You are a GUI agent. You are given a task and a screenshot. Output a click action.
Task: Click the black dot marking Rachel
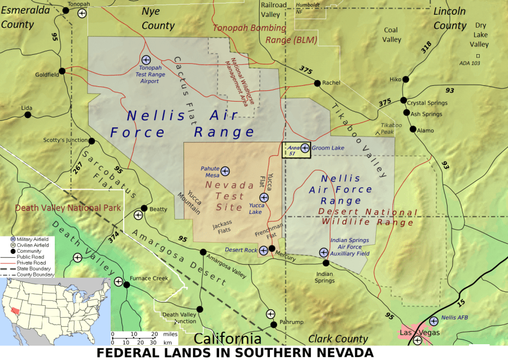pos(317,84)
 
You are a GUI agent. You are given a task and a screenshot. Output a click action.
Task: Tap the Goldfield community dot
pos(62,71)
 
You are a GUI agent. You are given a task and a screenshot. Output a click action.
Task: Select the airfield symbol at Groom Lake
pos(305,148)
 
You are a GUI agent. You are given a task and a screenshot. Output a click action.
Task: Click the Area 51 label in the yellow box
pos(292,150)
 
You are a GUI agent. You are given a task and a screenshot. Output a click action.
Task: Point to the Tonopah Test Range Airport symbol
pos(146,59)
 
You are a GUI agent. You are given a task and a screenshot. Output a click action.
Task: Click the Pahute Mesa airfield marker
pos(225,170)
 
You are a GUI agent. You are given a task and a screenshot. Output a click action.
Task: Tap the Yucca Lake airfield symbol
pos(264,197)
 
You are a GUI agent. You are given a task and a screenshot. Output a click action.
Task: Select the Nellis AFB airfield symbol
pos(433,321)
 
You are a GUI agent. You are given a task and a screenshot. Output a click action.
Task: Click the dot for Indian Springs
pos(326,263)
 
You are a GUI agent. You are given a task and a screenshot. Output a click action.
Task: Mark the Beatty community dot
pos(144,208)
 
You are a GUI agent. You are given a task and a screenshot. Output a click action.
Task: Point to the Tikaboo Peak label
pos(391,128)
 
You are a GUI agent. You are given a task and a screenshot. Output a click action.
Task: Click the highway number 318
pos(427,47)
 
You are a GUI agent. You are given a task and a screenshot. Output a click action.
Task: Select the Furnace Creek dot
pos(127,284)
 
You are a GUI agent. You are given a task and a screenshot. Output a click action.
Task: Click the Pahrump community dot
pos(274,324)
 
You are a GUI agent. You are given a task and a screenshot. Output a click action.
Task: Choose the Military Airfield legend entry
pos(33,240)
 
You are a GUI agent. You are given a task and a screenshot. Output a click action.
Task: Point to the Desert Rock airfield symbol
pos(263,250)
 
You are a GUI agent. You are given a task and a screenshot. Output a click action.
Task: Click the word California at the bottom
pos(227,339)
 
